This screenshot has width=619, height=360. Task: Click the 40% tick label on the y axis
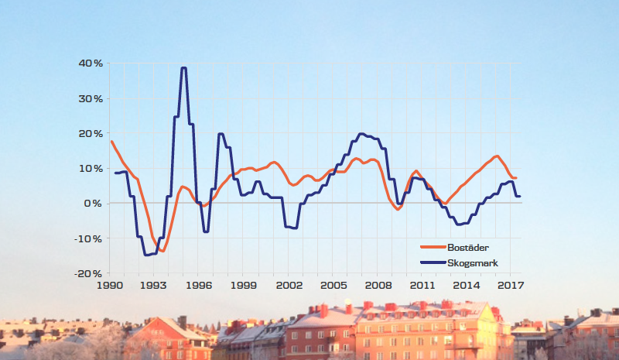pyautogui.click(x=87, y=63)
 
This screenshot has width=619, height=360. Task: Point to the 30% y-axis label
pyautogui.click(x=87, y=98)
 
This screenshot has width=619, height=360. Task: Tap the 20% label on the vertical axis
pyautogui.click(x=87, y=133)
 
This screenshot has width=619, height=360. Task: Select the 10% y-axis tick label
pyautogui.click(x=87, y=168)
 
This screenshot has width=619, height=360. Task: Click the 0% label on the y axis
pyautogui.click(x=91, y=203)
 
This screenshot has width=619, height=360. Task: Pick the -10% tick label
pyautogui.click(x=86, y=238)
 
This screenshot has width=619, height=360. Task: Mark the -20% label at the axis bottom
pyautogui.click(x=86, y=273)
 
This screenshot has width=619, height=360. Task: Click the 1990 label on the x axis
pyautogui.click(x=108, y=286)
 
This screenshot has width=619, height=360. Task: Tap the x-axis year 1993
pyautogui.click(x=153, y=286)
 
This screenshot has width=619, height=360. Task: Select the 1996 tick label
pyautogui.click(x=198, y=286)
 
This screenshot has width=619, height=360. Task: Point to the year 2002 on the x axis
pyautogui.click(x=288, y=286)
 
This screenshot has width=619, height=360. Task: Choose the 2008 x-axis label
pyautogui.click(x=378, y=286)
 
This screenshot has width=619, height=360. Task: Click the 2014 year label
pyautogui.click(x=467, y=286)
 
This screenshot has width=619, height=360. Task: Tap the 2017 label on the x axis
pyautogui.click(x=511, y=286)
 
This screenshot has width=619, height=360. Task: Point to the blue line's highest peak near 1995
pyautogui.click(x=183, y=68)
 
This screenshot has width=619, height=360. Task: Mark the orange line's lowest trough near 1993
pyautogui.click(x=162, y=251)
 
